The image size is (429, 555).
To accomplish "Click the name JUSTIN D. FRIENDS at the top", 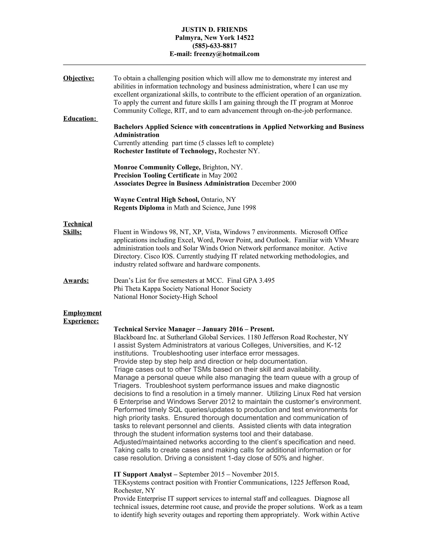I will click(x=214, y=30).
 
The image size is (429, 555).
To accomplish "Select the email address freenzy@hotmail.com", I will click(x=226, y=54).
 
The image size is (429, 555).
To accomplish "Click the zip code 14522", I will click(x=245, y=38).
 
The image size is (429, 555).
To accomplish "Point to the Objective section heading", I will click(x=79, y=78).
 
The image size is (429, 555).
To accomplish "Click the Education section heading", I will click(x=80, y=119).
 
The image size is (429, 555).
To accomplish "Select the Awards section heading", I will click(x=76, y=281).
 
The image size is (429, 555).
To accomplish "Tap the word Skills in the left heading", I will click(x=72, y=232).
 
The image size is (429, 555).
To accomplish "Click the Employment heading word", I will click(x=82, y=313).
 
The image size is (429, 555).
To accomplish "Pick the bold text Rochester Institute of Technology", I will click(x=165, y=151).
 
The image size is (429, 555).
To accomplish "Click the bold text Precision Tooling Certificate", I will click(x=156, y=175).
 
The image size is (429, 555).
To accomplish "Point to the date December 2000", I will click(x=274, y=183).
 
